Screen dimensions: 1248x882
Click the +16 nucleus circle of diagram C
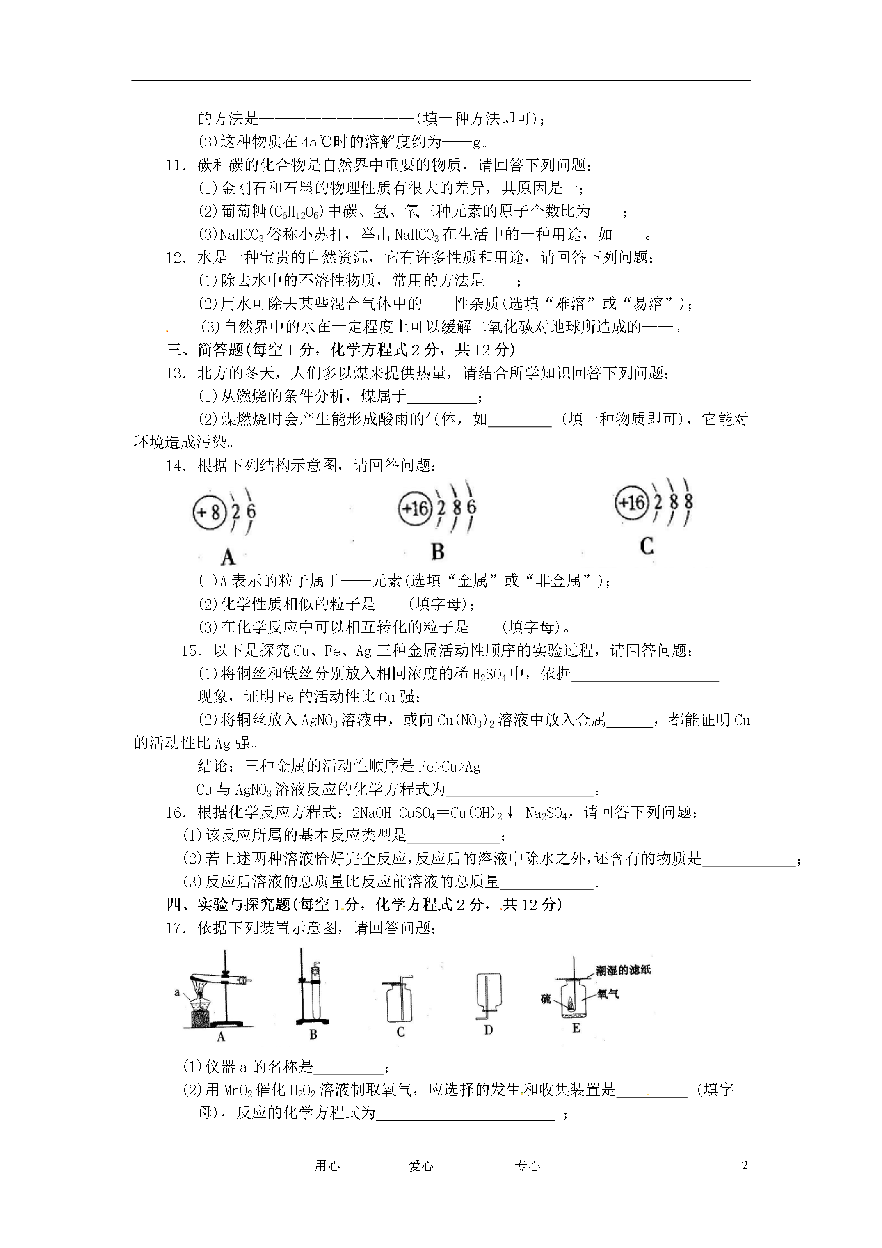pyautogui.click(x=631, y=503)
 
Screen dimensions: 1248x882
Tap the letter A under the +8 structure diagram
pyautogui.click(x=228, y=557)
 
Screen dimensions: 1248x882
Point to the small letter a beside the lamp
pyautogui.click(x=177, y=992)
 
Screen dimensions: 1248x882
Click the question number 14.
pyautogui.click(x=176, y=466)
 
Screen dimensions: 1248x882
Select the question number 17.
pyautogui.click(x=176, y=928)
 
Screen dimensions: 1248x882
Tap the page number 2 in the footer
pyautogui.click(x=745, y=1165)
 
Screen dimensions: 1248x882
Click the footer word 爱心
pyautogui.click(x=420, y=1166)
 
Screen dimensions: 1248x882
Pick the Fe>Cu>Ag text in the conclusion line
pyautogui.click(x=450, y=767)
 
